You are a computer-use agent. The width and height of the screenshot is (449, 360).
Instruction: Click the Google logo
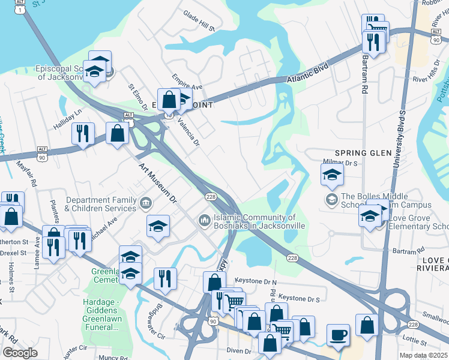19,353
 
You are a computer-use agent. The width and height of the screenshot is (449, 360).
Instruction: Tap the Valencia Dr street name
187,132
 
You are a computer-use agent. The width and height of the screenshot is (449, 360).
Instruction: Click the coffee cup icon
338,334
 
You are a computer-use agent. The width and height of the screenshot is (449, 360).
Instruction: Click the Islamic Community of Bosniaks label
258,221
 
